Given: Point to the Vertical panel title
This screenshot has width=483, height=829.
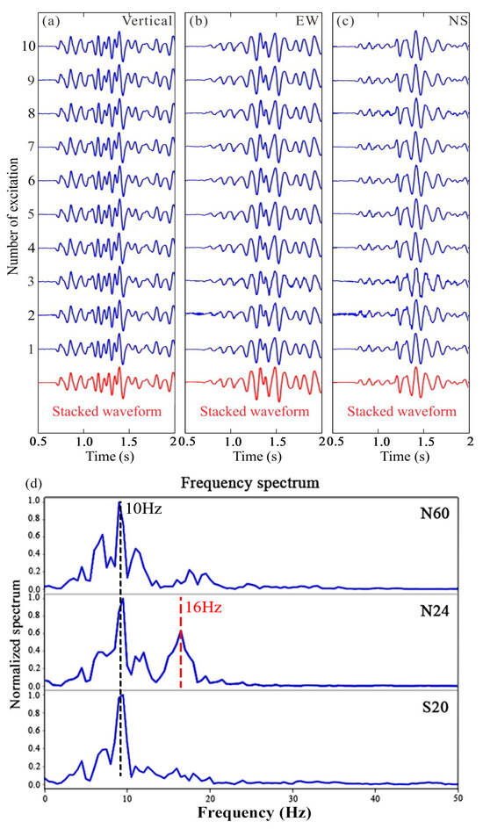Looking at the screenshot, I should [153, 16].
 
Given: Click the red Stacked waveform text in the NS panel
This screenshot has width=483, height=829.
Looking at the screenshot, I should [403, 411].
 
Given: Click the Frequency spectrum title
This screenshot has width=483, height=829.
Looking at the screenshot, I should [248, 482].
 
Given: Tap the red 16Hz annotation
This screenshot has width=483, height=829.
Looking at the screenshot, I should [201, 605].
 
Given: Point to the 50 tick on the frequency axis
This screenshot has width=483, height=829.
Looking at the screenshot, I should [458, 799].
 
